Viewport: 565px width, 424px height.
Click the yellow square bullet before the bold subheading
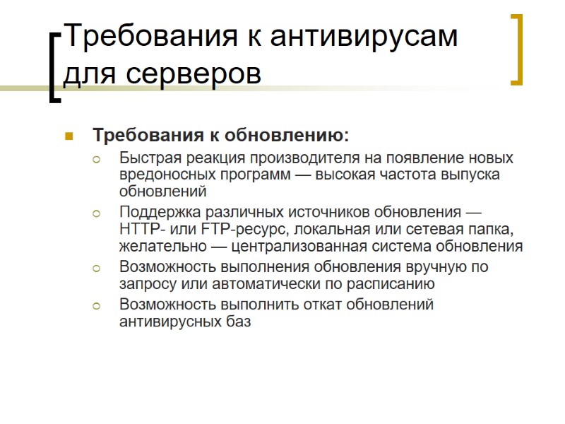click(x=69, y=135)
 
